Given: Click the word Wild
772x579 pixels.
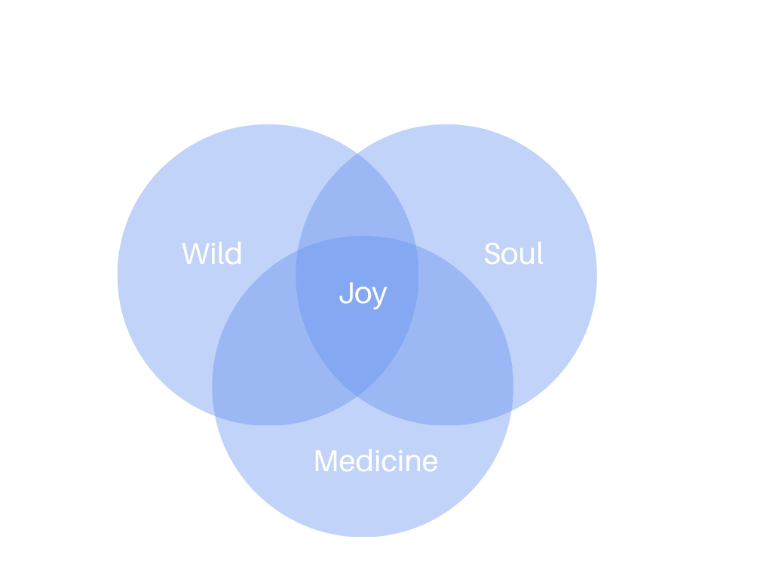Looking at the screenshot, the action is coord(212,253).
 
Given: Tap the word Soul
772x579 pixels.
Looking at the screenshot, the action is coord(513,254).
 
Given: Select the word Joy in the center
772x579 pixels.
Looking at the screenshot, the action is coord(363,293).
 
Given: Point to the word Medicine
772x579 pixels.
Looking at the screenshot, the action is coord(375,461).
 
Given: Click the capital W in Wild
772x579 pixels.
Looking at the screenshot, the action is coord(194,254).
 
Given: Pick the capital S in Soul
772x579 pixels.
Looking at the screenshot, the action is coord(492,254).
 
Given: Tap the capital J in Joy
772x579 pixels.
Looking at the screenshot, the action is coord(345,293).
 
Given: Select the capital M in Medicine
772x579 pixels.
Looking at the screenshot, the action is coord(326,461).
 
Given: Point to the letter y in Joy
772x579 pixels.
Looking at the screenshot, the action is coord(379,296).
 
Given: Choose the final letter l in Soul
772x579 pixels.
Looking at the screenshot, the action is coord(540,253).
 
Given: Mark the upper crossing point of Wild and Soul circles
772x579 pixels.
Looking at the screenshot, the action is coord(357,154).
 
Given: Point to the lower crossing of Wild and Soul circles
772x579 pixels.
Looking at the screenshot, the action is coord(357,396).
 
